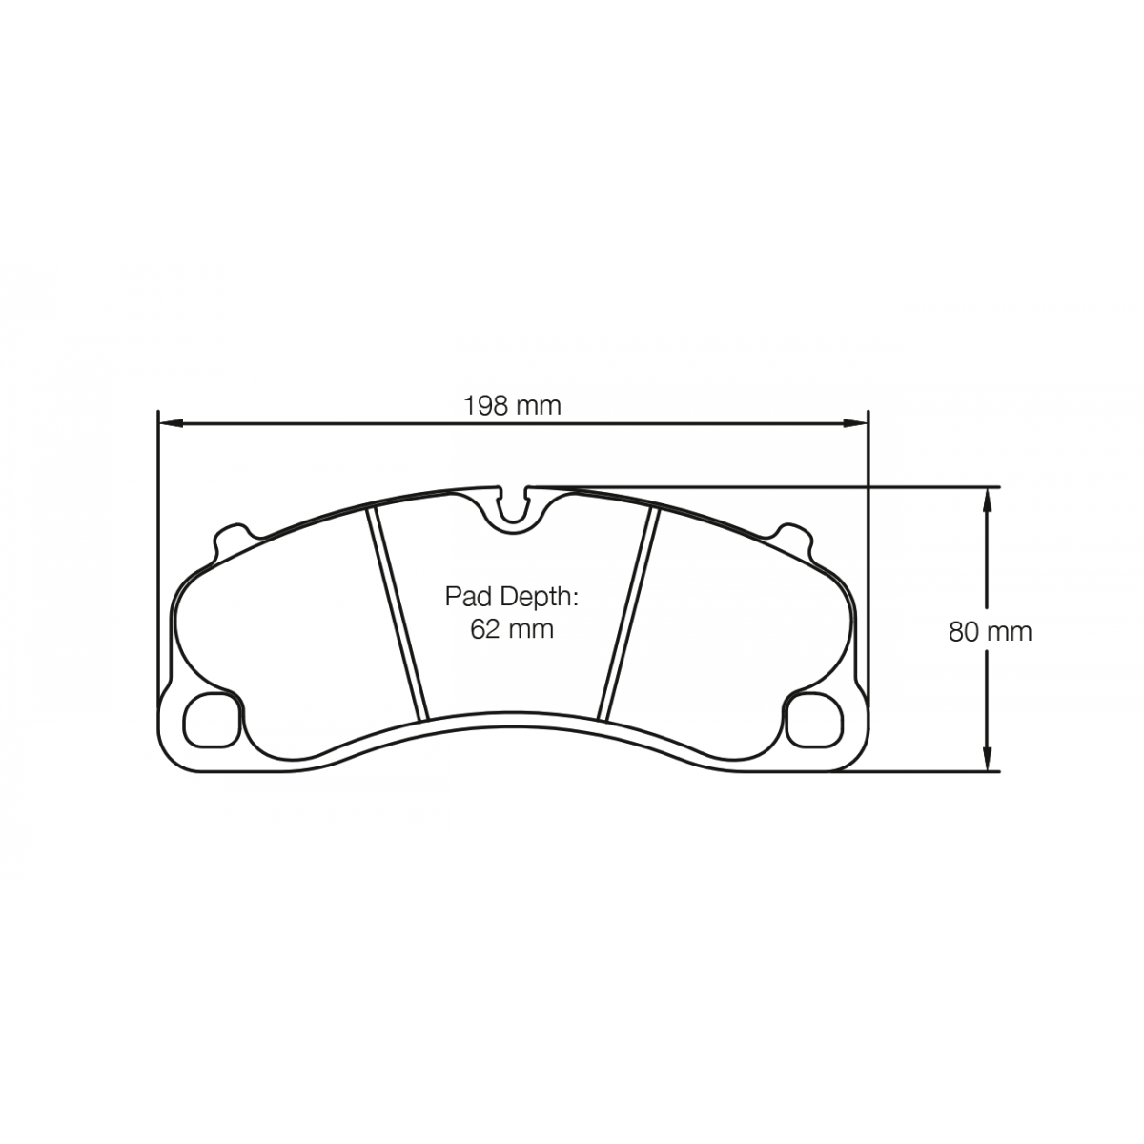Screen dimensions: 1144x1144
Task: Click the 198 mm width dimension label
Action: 512,406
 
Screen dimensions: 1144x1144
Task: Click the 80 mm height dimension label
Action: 990,632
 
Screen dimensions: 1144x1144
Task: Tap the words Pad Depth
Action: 511,598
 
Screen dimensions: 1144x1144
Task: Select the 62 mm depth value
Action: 512,628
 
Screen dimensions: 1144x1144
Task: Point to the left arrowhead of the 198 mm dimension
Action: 170,423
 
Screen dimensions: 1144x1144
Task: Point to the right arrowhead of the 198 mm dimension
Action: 856,423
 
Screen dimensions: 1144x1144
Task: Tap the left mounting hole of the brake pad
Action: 212,720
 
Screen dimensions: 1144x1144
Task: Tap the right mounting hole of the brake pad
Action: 814,720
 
